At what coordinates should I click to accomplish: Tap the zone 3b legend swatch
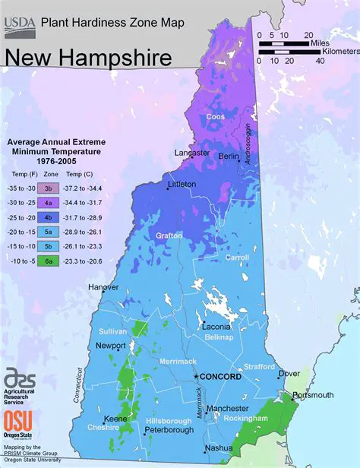click(x=47, y=187)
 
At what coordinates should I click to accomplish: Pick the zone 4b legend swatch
click(x=47, y=217)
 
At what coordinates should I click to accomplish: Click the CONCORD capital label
click(x=221, y=377)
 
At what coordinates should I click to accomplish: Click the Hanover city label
click(x=103, y=287)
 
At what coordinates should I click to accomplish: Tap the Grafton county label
click(x=168, y=236)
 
